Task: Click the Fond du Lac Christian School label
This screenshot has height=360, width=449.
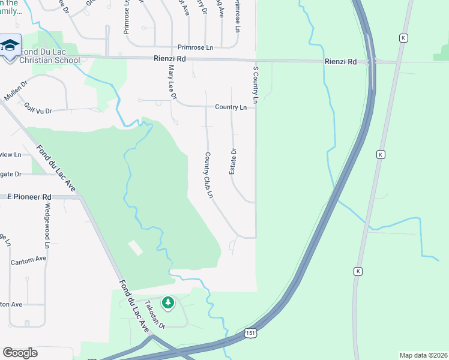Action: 49,56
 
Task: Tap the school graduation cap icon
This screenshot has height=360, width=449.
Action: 11,46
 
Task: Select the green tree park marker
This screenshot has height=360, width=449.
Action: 169,302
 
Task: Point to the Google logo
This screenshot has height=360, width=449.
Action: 20,352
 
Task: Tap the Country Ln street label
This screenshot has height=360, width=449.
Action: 231,107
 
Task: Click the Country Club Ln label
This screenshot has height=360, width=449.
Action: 209,175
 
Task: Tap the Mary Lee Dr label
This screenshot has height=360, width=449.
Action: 172,83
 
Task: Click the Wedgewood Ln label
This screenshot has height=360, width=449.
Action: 46,226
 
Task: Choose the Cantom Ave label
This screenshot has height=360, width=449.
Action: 28,259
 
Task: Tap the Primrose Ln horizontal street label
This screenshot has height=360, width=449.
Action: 195,47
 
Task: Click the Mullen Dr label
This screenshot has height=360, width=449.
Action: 16,91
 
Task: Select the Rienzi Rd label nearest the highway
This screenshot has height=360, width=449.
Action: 340,62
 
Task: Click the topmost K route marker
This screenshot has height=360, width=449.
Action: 403,38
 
